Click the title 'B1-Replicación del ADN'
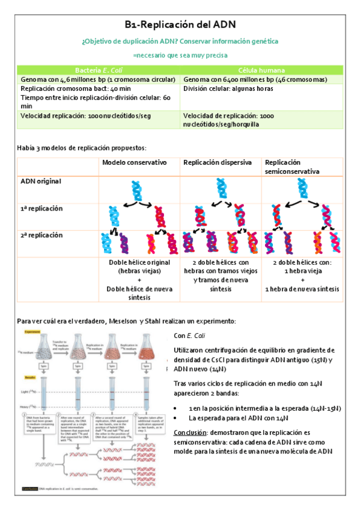(x=180, y=25)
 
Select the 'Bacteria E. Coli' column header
(x=99, y=70)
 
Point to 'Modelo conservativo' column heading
(x=138, y=163)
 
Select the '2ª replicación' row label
(x=41, y=235)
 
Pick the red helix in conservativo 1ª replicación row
(x=160, y=217)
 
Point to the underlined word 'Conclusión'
(x=190, y=432)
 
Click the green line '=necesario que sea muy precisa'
(x=180, y=55)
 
